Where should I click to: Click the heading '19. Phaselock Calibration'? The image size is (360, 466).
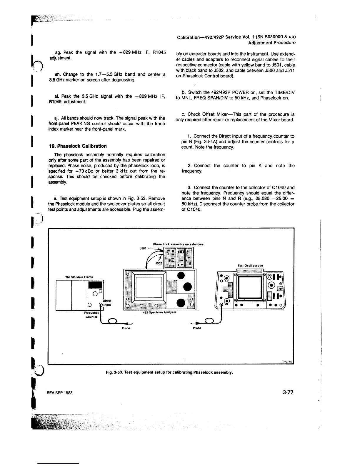point(78,146)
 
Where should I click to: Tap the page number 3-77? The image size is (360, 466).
point(288,392)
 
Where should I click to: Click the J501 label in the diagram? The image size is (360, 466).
point(143,248)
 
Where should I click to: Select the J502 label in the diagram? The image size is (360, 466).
point(159,264)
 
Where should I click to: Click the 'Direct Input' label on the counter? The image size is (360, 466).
point(107,303)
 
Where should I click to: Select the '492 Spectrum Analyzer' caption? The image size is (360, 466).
point(159,312)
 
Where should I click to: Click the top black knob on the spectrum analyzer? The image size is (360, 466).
point(181,275)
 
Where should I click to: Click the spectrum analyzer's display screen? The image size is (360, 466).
point(149,288)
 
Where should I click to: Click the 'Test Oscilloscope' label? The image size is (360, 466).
point(250,266)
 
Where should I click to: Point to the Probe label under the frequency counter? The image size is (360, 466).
point(126,328)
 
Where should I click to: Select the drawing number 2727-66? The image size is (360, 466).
point(289,362)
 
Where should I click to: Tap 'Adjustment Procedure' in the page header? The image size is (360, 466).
point(272,43)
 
